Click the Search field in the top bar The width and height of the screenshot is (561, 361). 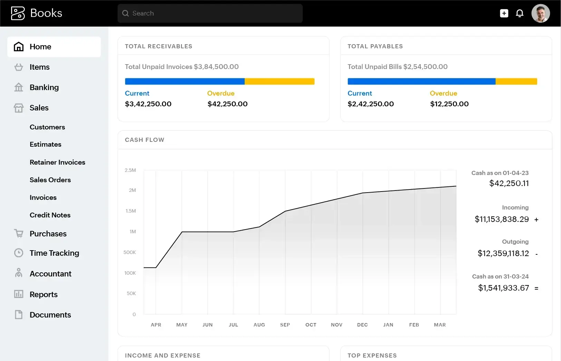[210, 13]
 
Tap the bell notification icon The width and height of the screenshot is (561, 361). [520, 13]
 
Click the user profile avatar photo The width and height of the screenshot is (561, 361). [540, 13]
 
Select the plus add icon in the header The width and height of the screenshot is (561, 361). [504, 13]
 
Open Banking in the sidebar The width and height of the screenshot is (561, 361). [44, 87]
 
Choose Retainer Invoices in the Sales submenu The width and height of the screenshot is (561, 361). [57, 162]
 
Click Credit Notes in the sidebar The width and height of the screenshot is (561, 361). [50, 215]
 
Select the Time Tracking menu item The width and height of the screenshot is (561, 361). [54, 253]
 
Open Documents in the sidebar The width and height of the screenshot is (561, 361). [50, 315]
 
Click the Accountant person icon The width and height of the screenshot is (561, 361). [19, 273]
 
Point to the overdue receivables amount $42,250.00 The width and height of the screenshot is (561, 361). [227, 104]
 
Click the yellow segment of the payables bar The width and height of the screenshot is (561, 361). [516, 81]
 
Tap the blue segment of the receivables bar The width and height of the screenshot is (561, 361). [185, 81]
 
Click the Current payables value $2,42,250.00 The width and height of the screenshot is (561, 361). [370, 104]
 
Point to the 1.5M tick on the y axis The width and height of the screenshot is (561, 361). [131, 211]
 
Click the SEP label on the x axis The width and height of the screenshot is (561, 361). [285, 325]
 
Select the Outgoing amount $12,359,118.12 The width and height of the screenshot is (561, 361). [503, 254]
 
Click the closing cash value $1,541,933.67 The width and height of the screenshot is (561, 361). [503, 288]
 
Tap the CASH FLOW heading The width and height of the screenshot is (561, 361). [145, 140]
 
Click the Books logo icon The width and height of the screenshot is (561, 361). [18, 13]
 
